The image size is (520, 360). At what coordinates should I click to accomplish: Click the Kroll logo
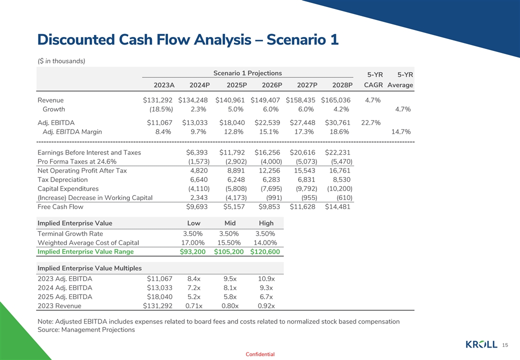pyautogui.click(x=481, y=344)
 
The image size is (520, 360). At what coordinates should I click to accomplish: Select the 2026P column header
pyautogui.click(x=271, y=85)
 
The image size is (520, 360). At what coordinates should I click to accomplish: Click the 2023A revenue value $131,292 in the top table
pyautogui.click(x=157, y=100)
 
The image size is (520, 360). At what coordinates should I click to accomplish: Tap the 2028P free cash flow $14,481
pyautogui.click(x=338, y=207)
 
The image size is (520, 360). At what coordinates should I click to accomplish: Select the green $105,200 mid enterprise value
pyautogui.click(x=228, y=251)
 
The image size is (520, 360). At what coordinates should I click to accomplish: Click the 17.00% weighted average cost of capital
pyautogui.click(x=193, y=243)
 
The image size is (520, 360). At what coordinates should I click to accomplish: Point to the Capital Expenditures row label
pyautogui.click(x=68, y=189)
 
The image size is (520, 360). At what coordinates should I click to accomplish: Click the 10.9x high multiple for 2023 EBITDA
pyautogui.click(x=266, y=279)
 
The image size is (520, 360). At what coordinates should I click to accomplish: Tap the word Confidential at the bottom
pyautogui.click(x=260, y=354)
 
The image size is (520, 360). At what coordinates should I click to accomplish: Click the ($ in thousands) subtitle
pyautogui.click(x=61, y=61)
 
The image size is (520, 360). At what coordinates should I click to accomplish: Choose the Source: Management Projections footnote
pyautogui.click(x=86, y=330)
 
